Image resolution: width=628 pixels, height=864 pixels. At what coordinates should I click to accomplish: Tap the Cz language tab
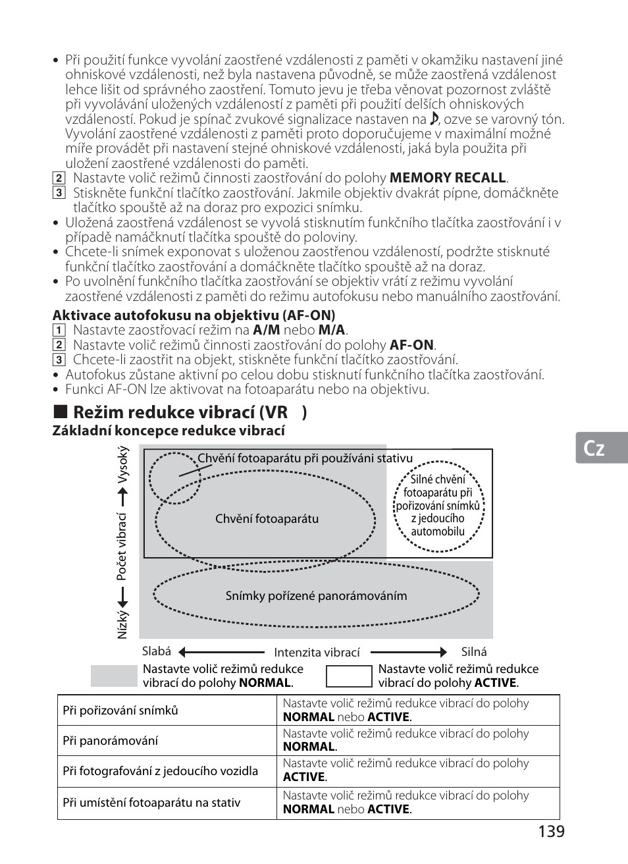click(594, 448)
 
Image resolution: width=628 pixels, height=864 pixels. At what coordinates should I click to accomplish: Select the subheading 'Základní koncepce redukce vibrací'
click(169, 431)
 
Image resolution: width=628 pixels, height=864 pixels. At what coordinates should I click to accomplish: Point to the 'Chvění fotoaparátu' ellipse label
click(267, 519)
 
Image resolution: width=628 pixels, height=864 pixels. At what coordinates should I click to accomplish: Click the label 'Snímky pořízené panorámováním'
click(316, 596)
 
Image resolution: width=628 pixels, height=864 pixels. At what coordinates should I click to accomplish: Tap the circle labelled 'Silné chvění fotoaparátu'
click(438, 505)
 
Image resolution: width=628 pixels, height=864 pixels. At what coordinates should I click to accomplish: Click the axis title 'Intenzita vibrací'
click(317, 653)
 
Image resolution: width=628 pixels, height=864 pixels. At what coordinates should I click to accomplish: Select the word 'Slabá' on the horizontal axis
click(157, 651)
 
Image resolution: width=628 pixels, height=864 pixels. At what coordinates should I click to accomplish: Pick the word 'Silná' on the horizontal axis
click(474, 652)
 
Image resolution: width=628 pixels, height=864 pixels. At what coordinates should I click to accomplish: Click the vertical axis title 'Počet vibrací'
click(122, 547)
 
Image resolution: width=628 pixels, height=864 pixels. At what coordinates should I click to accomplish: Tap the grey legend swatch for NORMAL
click(113, 676)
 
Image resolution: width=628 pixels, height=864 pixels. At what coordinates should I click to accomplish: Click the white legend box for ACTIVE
click(349, 676)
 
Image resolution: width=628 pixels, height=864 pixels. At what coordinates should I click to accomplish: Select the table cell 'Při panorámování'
click(110, 741)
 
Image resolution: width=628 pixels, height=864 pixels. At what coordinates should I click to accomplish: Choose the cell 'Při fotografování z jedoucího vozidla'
click(160, 771)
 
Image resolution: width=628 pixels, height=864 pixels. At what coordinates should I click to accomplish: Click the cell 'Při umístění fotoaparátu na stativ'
click(151, 803)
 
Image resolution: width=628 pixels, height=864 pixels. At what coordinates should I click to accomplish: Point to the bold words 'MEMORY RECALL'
click(448, 178)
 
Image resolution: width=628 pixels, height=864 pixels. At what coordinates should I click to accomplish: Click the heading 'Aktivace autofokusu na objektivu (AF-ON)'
click(194, 315)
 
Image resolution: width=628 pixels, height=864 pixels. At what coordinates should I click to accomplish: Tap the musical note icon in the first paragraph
click(434, 119)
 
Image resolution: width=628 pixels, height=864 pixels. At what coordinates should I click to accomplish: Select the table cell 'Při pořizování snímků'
click(120, 711)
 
